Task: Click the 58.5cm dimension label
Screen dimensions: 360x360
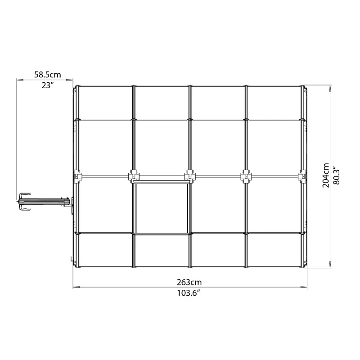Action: [48, 75]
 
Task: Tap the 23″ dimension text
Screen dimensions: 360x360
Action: [48, 85]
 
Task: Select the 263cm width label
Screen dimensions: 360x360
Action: [189, 282]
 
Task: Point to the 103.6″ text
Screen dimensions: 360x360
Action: [188, 293]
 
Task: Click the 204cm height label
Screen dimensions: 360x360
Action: [326, 175]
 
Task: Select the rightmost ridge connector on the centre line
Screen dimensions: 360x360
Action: [302, 176]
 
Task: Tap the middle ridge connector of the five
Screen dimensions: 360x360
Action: [190, 176]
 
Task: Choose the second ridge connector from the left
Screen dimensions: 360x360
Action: [134, 176]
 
